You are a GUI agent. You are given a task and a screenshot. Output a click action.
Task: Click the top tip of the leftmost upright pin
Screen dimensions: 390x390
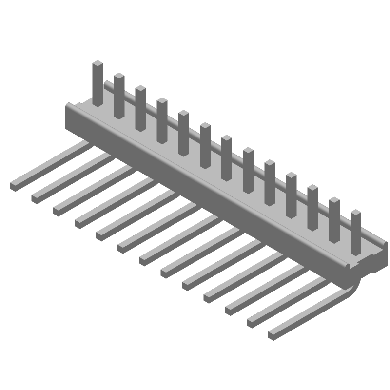[98, 63]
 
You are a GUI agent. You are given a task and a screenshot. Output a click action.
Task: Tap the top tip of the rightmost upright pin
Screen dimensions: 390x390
[356, 213]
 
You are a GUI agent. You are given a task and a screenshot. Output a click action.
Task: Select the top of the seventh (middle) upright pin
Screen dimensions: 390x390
[227, 138]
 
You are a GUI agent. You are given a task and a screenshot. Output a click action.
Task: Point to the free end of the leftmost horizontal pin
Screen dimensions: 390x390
[15, 185]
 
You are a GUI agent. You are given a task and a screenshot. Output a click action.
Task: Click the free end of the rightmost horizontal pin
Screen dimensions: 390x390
[273, 335]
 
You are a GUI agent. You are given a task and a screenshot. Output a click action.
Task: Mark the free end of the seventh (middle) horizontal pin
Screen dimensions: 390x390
[144, 260]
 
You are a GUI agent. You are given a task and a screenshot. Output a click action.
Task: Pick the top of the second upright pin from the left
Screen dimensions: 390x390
[119, 76]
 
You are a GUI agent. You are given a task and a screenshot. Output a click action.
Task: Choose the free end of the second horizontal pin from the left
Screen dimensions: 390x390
[37, 197]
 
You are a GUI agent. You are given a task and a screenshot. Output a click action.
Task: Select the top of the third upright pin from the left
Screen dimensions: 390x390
[141, 88]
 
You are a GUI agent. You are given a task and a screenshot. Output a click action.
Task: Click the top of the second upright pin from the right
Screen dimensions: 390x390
[334, 200]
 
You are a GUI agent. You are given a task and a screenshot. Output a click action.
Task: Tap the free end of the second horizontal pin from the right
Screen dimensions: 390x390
[252, 322]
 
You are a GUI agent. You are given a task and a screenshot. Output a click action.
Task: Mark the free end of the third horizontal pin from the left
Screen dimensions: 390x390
[58, 210]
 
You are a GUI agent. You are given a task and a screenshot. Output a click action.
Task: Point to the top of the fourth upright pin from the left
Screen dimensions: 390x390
[162, 101]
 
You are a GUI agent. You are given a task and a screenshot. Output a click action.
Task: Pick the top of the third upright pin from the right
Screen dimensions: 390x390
[313, 188]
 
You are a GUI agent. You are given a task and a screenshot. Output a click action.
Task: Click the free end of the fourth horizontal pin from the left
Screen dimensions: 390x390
[79, 222]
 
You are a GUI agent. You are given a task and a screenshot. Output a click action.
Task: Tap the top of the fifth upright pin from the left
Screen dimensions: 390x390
[184, 113]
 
